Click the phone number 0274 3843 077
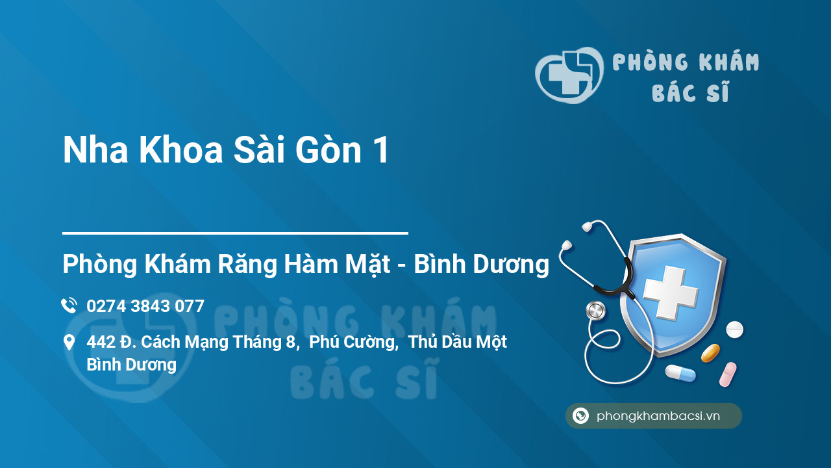(x=145, y=306)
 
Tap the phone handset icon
(x=69, y=305)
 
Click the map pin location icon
(x=69, y=343)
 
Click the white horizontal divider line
(x=235, y=233)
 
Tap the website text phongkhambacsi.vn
(x=658, y=416)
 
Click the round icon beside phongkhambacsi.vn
(x=580, y=416)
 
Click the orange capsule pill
(x=710, y=353)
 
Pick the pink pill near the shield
(x=728, y=374)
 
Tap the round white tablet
(x=734, y=330)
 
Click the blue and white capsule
(x=680, y=373)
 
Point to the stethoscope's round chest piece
(x=595, y=311)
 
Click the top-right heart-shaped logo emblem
(x=569, y=75)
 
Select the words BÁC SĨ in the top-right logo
(x=690, y=93)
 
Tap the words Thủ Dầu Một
(x=458, y=342)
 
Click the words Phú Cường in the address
(x=353, y=342)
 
